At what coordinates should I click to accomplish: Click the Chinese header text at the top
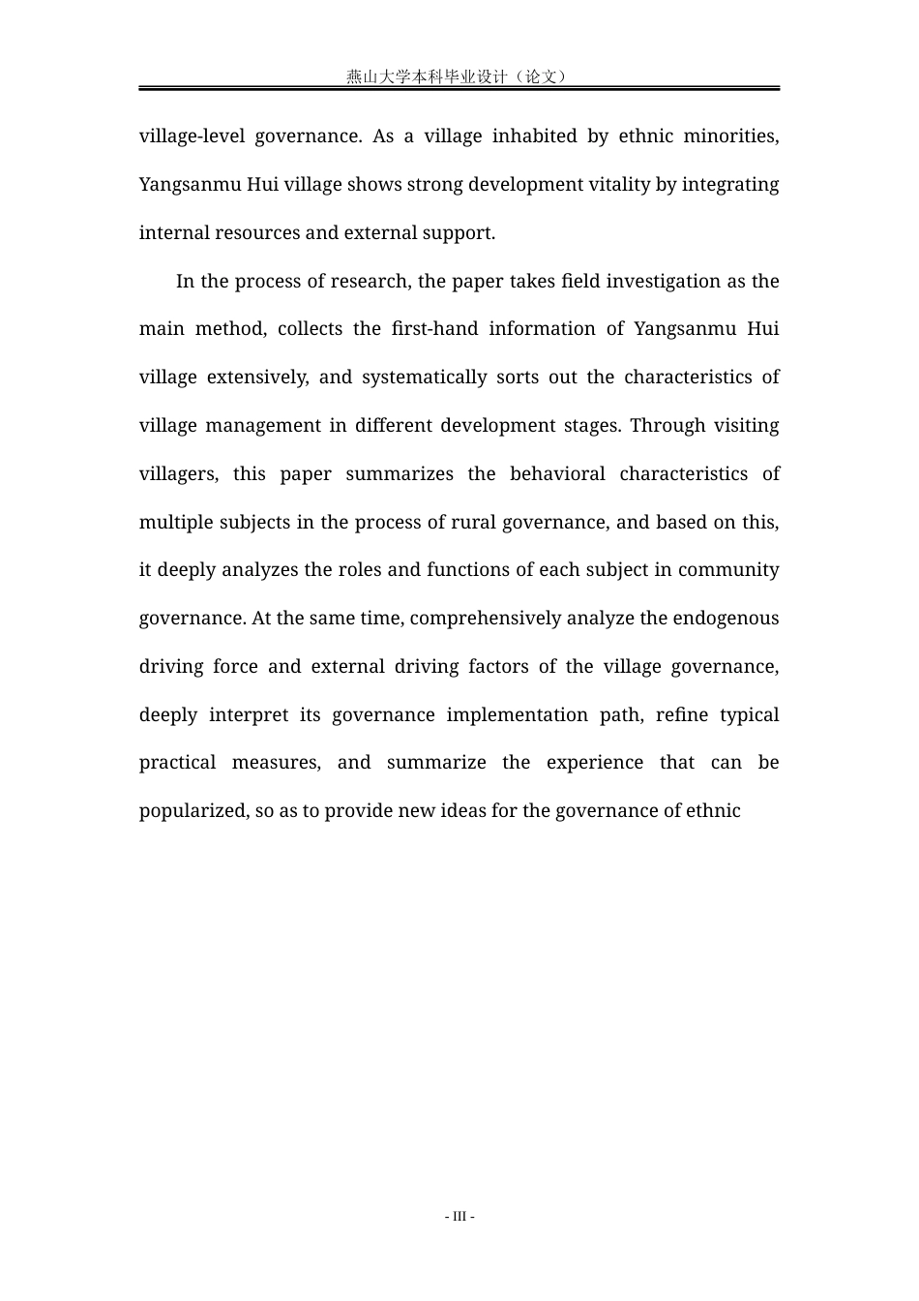coord(458,76)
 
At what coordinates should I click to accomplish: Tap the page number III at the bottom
coord(459,1216)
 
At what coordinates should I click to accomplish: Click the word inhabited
coord(534,136)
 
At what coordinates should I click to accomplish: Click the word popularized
coord(193,810)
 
